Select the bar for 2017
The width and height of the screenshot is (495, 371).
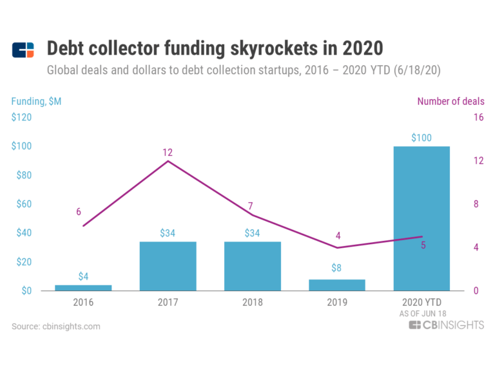(x=168, y=266)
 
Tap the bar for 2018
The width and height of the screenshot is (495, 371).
(x=252, y=266)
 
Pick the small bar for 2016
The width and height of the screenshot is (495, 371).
(x=83, y=287)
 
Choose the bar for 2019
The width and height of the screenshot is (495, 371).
(x=337, y=285)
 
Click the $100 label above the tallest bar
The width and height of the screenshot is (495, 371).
(x=422, y=137)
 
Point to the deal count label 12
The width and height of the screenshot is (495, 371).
(x=168, y=153)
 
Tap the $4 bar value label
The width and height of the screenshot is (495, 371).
(x=83, y=276)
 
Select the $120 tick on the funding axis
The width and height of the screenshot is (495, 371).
(x=23, y=118)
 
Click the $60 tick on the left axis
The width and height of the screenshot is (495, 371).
(x=23, y=204)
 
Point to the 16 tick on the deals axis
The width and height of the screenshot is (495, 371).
(x=478, y=118)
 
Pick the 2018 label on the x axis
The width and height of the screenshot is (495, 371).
(x=252, y=301)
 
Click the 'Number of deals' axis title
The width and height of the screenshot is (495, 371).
(x=451, y=101)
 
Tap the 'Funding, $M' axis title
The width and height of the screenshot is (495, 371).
(x=36, y=101)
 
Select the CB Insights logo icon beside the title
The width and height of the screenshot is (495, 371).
(x=23, y=50)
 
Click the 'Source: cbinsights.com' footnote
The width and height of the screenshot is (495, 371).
(x=56, y=327)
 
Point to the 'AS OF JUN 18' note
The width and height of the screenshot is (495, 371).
(x=422, y=313)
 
